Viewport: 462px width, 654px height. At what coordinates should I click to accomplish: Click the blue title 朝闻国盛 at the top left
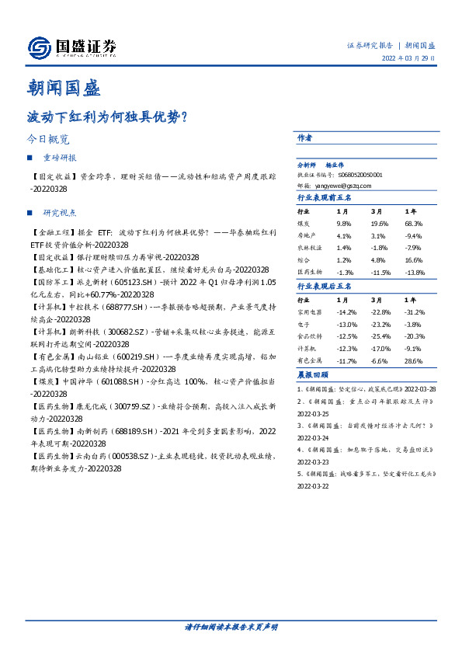tap(64, 87)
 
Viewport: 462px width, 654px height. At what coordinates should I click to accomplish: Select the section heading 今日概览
tap(48, 140)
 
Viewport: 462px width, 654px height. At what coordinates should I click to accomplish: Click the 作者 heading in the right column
tap(305, 137)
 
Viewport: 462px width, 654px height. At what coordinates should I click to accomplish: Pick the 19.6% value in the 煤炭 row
tap(380, 222)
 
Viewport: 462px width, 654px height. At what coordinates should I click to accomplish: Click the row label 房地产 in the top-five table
tap(307, 235)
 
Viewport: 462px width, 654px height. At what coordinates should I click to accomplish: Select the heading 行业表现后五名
tap(325, 287)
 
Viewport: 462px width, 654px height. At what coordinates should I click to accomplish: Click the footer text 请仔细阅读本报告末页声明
tap(231, 626)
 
